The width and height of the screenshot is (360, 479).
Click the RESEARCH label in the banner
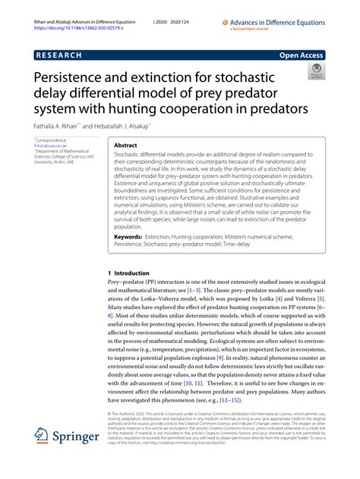62,56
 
